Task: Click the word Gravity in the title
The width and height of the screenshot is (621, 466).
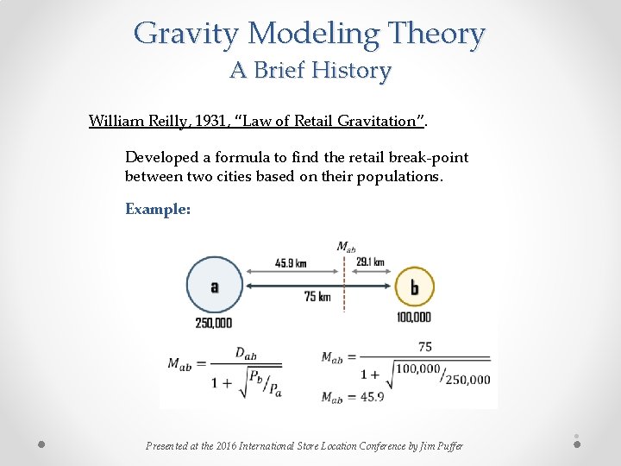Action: tap(186, 35)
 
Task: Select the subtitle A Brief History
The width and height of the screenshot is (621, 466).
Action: tap(310, 70)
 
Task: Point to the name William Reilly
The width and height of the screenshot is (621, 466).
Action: tap(138, 121)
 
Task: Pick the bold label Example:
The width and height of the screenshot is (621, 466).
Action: tap(158, 209)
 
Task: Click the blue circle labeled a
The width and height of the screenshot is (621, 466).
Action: tap(214, 286)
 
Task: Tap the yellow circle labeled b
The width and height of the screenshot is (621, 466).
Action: tap(414, 287)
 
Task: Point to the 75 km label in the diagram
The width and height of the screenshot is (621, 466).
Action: tap(317, 296)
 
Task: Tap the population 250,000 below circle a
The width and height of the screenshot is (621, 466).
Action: tap(213, 323)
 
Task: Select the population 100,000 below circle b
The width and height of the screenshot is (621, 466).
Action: tap(414, 318)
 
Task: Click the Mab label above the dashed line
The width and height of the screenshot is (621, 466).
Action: tap(346, 247)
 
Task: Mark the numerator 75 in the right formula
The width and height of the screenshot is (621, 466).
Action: tap(424, 346)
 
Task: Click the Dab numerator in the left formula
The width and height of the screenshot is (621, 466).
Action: tap(246, 353)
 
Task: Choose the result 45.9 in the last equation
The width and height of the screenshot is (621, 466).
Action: tap(374, 397)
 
